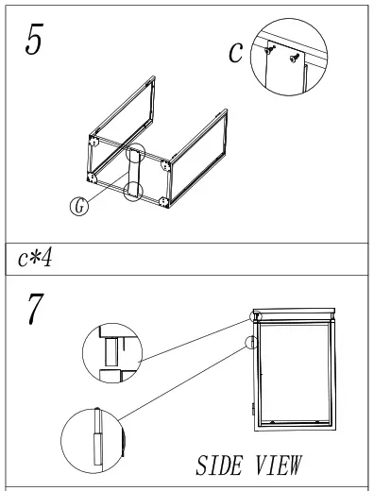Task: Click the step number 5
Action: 34,40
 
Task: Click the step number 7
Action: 36,309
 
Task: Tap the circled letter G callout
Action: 79,206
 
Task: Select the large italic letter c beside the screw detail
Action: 236,52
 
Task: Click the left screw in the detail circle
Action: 269,49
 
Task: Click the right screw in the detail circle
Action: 295,58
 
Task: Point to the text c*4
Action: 35,259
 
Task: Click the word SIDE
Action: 220,466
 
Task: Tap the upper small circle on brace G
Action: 135,153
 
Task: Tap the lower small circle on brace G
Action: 133,191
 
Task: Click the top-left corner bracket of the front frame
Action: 93,142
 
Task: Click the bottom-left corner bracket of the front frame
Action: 92,178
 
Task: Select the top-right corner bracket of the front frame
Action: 166,165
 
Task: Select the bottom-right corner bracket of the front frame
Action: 163,202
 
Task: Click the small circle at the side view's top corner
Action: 256,316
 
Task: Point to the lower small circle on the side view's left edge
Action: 251,343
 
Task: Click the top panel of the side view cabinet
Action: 294,311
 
